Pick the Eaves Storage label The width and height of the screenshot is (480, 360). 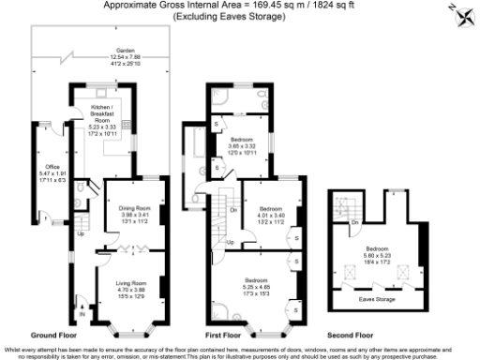click(377, 300)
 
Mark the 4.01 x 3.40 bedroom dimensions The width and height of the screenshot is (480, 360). click(272, 214)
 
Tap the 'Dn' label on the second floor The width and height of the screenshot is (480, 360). click(352, 221)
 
